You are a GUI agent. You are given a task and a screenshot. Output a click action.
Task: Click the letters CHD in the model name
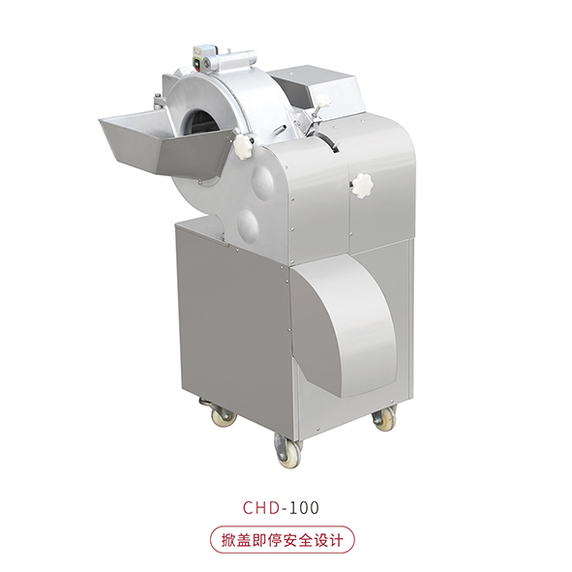point(261,507)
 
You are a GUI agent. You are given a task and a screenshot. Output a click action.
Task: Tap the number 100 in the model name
point(304,507)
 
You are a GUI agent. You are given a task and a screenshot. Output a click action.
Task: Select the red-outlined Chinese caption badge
point(282,540)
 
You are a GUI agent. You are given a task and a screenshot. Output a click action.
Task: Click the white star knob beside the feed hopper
point(243,146)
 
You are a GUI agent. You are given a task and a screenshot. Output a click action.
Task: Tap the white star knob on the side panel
point(362,186)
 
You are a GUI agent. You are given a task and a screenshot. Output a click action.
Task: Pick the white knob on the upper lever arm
point(322,101)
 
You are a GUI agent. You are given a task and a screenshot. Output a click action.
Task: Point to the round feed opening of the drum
point(200,122)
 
